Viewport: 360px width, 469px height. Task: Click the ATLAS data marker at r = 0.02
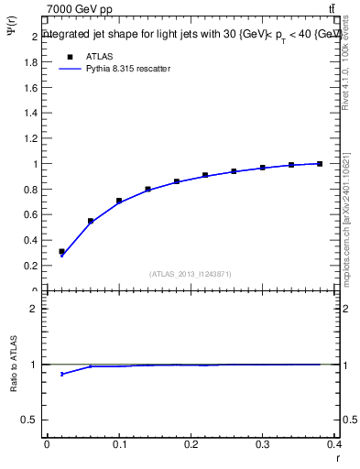[x=61, y=251]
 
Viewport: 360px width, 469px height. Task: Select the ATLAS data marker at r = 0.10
[x=119, y=201]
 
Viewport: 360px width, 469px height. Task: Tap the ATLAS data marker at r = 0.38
[x=320, y=164]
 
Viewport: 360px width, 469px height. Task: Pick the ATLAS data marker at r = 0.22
[x=205, y=175]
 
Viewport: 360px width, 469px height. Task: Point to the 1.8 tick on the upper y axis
[x=33, y=62]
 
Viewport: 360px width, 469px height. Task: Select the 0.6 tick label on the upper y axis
[x=33, y=214]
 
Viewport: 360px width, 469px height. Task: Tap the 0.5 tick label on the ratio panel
[x=31, y=420]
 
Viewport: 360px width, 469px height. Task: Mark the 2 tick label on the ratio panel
[x=36, y=309]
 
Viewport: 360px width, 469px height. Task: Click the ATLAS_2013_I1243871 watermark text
[x=190, y=274]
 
